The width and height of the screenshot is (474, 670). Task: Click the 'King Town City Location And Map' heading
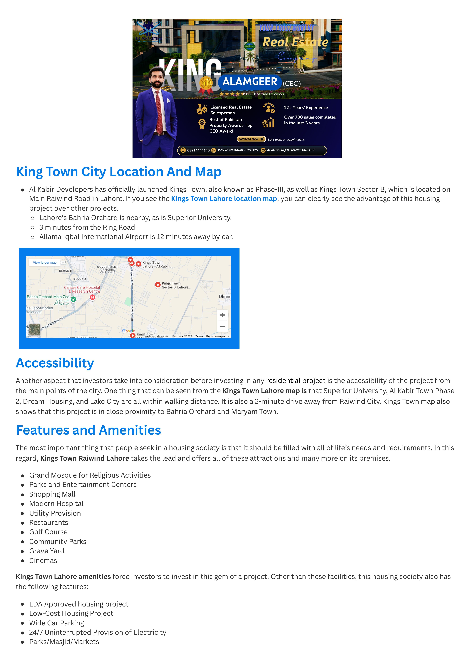coord(118,172)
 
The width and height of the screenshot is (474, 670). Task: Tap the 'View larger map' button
coord(45,262)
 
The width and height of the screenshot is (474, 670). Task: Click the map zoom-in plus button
coord(222,315)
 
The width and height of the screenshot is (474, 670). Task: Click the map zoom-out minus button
coord(222,326)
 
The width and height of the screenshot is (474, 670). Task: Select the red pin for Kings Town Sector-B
coord(158,285)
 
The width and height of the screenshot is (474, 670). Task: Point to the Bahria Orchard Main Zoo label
coord(48,297)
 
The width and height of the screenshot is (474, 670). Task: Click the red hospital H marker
coord(93,297)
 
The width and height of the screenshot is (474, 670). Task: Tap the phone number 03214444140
coord(198,150)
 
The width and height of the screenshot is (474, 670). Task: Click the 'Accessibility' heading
coord(55,363)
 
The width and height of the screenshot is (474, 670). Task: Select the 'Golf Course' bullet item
coord(48,532)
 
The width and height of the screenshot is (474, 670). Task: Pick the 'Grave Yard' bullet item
coord(47,551)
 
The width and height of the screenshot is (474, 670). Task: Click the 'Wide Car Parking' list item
coord(57,623)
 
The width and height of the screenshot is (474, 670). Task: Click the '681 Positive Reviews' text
coord(265,94)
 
